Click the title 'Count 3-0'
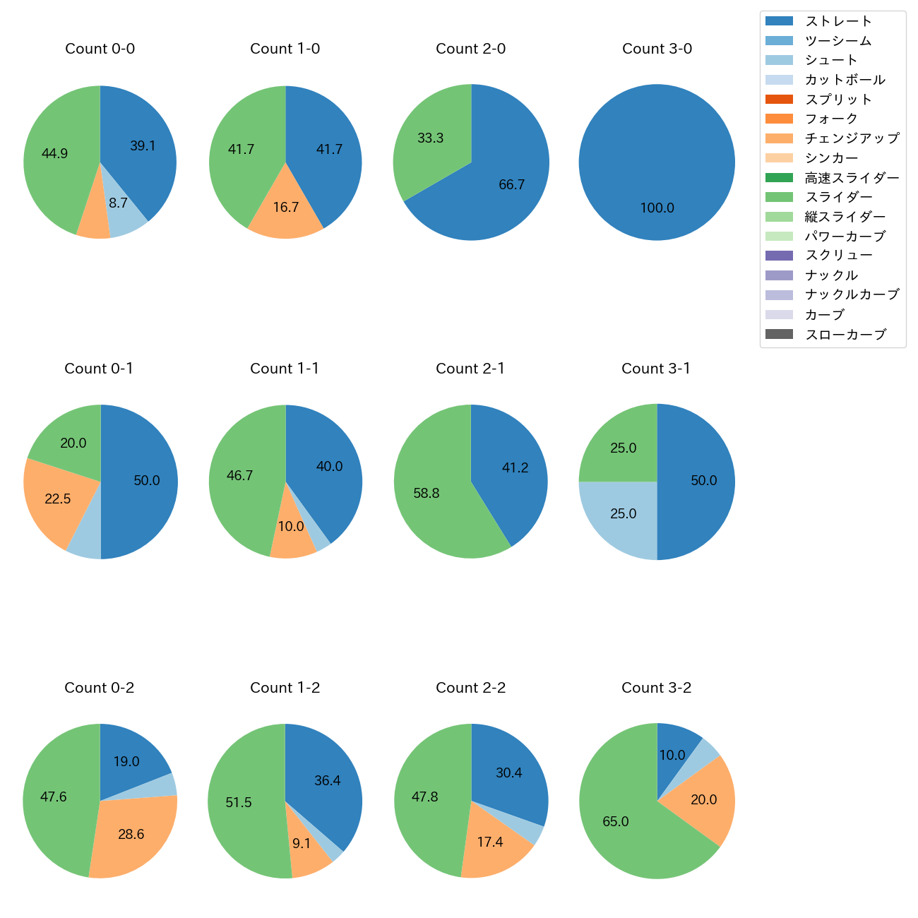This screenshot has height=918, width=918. point(657,49)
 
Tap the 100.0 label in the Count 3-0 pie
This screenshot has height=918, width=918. point(657,208)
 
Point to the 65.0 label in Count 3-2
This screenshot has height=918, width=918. point(616,822)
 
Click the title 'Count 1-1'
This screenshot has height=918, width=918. point(285,369)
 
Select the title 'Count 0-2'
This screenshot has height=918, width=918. point(100,688)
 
